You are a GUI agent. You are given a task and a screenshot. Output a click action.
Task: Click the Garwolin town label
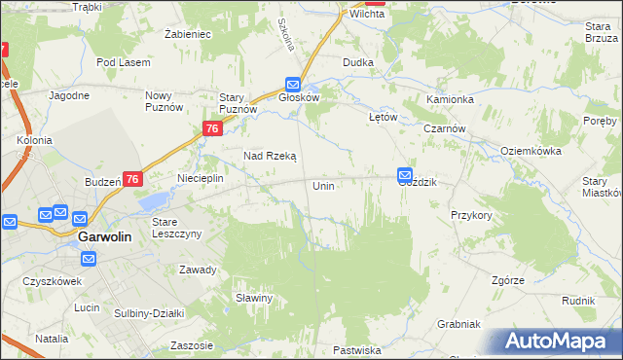tap(104, 235)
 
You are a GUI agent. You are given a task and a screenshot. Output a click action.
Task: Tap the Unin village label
tap(324, 185)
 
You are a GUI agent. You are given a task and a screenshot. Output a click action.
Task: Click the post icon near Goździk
tap(405, 174)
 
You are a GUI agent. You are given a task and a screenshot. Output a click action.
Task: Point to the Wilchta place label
tap(368, 15)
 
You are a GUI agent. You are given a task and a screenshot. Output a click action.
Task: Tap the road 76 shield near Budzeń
tap(133, 179)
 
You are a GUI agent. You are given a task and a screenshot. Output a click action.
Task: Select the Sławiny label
tap(252, 298)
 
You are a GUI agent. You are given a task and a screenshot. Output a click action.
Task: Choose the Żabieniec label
tap(188, 34)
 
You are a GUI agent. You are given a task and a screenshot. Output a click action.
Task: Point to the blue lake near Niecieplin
tap(153, 201)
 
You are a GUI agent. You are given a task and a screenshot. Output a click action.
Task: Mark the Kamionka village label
tap(450, 100)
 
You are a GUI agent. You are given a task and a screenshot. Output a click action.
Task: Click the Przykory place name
tap(471, 215)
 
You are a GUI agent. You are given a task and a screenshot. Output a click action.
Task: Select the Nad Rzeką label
tap(269, 156)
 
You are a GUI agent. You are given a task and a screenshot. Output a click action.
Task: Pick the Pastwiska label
tap(356, 349)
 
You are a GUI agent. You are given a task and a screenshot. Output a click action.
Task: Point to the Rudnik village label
tap(578, 302)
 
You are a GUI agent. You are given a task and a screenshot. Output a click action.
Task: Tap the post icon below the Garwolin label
tap(89, 259)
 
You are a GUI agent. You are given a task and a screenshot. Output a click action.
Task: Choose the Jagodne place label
tap(69, 95)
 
